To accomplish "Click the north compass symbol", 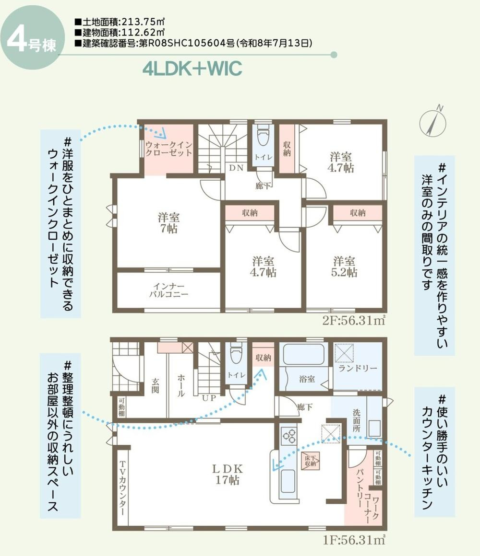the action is [433, 122].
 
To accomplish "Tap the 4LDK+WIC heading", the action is [192, 69].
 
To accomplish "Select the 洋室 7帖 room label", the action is [168, 223].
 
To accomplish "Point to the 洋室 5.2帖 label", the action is [344, 266].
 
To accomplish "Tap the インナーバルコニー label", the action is [168, 290].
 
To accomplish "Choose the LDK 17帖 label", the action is [227, 474].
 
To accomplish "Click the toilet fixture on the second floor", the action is [263, 135].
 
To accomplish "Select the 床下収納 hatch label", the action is [310, 461].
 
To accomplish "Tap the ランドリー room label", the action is [358, 368].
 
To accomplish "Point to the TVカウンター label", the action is [122, 488].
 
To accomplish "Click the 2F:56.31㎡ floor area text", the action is [354, 321].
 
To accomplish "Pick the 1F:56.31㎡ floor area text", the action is [354, 540].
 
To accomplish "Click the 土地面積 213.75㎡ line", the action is [120, 22].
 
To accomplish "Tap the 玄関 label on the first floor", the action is [155, 386].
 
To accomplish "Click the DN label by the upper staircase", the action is [236, 168].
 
